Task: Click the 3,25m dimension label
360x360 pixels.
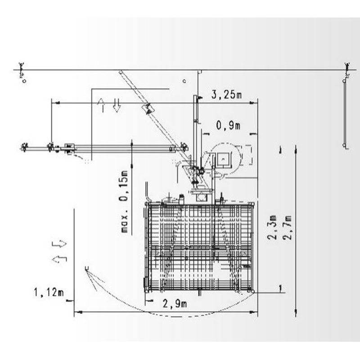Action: pyautogui.click(x=226, y=94)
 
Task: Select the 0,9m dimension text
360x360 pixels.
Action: pyautogui.click(x=228, y=126)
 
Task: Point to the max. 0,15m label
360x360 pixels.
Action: pyautogui.click(x=124, y=202)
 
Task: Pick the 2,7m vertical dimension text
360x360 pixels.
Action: pyautogui.click(x=287, y=228)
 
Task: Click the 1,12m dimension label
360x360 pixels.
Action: pyautogui.click(x=49, y=292)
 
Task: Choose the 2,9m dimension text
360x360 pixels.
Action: pyautogui.click(x=175, y=304)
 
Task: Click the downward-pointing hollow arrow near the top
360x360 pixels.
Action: pyautogui.click(x=117, y=106)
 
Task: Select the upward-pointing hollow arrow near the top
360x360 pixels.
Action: pyautogui.click(x=102, y=105)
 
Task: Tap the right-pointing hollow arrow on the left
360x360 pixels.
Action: pyautogui.click(x=59, y=244)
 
